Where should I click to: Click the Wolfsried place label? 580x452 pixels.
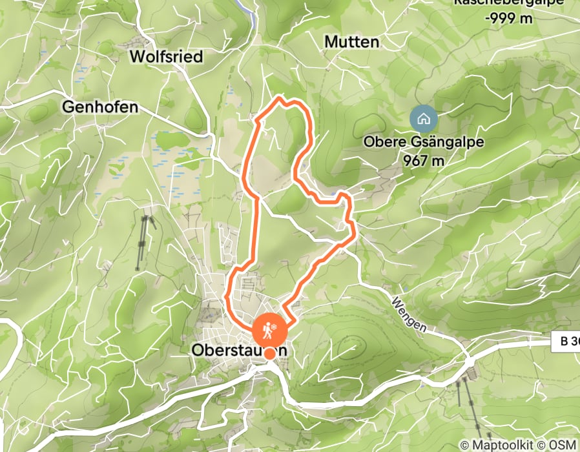point(166,57)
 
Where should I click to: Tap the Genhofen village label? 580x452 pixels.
point(100,107)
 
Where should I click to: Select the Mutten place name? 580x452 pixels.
point(351,42)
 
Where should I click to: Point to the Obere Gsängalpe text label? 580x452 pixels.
point(423,143)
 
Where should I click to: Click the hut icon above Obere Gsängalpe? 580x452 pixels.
point(423,119)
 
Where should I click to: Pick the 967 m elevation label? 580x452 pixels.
point(423,160)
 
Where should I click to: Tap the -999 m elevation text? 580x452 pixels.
point(510,18)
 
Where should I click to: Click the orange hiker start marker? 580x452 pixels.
point(269,330)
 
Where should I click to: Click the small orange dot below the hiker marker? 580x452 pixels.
point(269,353)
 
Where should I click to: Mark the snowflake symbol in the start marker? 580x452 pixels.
point(276,329)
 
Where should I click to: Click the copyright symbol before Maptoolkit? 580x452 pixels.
point(464,445)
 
